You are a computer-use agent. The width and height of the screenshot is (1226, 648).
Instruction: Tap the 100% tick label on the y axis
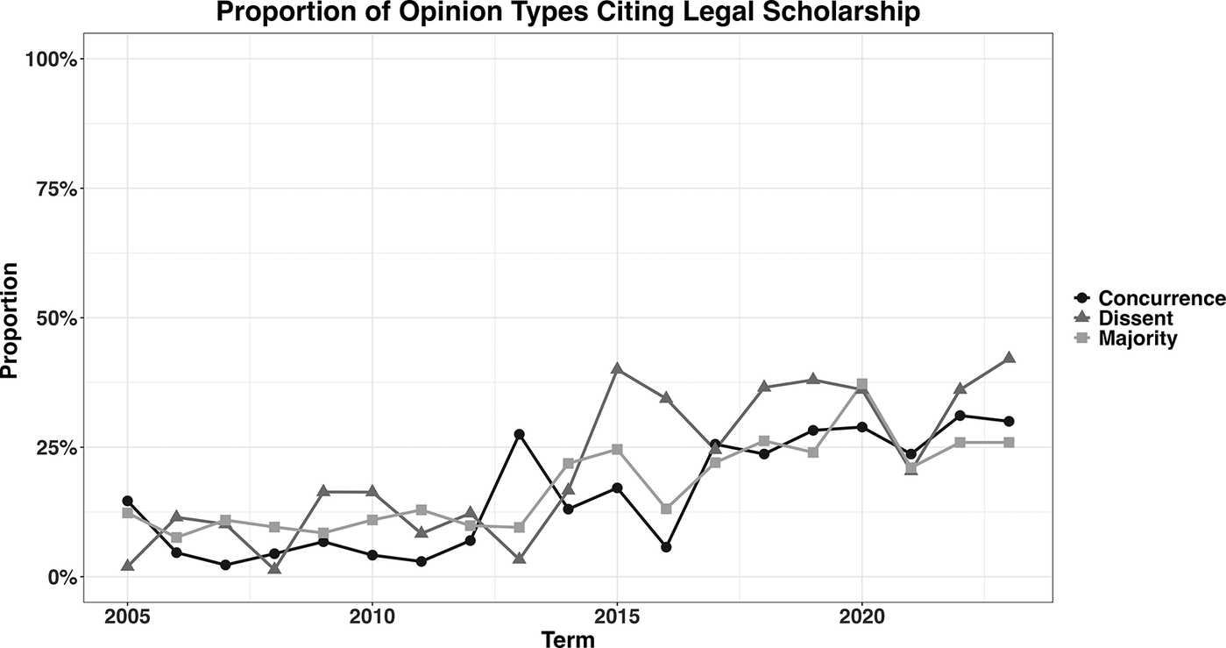point(53,59)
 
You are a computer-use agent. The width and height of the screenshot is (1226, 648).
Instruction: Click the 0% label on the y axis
point(63,577)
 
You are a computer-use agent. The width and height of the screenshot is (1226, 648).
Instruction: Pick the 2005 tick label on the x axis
point(128,619)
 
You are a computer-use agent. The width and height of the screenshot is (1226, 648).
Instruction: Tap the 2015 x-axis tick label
point(617,619)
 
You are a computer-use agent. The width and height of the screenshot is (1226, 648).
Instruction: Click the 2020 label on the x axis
point(861,619)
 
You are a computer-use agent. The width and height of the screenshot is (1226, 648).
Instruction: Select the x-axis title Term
point(567,639)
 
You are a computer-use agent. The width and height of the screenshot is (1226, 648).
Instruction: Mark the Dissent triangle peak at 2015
point(617,368)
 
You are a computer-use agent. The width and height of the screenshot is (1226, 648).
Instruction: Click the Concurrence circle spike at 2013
point(519,434)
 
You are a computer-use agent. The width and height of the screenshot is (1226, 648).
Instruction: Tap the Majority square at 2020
point(862,384)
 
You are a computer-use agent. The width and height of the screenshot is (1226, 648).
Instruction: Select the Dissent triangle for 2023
point(1009,358)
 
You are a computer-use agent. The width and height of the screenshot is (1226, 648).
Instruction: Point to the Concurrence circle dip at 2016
point(666,547)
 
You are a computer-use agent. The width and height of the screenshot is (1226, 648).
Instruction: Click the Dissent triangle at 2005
point(128,566)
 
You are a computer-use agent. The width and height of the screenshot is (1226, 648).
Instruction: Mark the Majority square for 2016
point(666,509)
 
